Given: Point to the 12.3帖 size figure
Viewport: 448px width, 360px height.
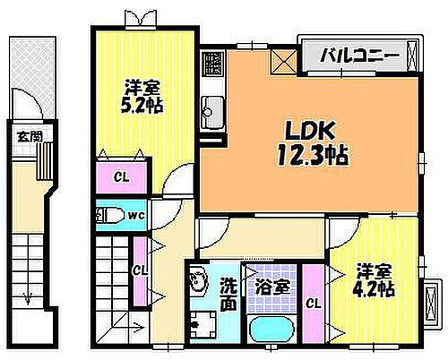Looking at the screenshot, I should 313,154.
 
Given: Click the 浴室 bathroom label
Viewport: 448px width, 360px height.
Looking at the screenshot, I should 271,288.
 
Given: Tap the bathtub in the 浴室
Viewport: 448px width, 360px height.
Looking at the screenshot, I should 271,334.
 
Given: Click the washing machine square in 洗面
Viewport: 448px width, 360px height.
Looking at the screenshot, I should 206,328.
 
